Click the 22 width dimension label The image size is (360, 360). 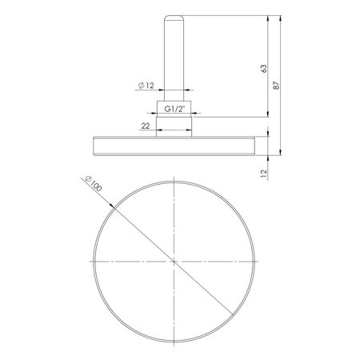(x=146, y=125)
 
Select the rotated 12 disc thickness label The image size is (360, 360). (x=261, y=171)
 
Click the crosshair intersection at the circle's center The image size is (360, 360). (x=174, y=261)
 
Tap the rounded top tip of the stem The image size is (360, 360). (x=174, y=16)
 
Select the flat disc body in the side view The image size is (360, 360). (x=174, y=143)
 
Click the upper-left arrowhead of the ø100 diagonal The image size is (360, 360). (x=111, y=210)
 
